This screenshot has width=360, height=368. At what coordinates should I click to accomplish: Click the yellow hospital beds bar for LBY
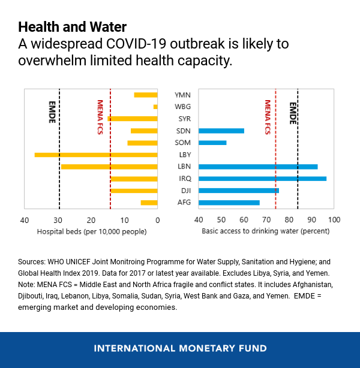pyautogui.click(x=96, y=155)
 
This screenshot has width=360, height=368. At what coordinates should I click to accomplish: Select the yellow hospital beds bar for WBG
pyautogui.click(x=155, y=107)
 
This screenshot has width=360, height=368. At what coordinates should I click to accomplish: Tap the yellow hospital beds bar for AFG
pyautogui.click(x=149, y=203)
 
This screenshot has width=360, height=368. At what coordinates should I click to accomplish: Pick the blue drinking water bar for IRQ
pyautogui.click(x=262, y=179)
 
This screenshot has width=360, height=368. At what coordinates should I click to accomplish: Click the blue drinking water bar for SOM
pyautogui.click(x=212, y=143)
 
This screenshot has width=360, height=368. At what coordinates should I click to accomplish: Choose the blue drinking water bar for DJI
pyautogui.click(x=239, y=191)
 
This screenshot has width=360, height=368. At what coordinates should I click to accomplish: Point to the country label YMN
pyautogui.click(x=182, y=95)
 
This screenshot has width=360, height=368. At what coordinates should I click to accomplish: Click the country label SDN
pyautogui.click(x=184, y=131)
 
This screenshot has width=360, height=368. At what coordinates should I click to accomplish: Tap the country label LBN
pyautogui.click(x=184, y=167)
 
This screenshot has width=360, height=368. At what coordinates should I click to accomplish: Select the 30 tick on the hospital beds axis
pyautogui.click(x=58, y=220)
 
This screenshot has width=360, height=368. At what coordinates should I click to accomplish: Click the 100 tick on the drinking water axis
pyautogui.click(x=334, y=220)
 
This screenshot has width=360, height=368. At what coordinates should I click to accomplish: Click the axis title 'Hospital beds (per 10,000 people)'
pyautogui.click(x=92, y=231)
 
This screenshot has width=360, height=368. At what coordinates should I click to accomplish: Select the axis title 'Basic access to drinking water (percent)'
pyautogui.click(x=265, y=231)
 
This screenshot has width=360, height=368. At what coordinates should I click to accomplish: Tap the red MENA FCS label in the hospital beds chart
pyautogui.click(x=101, y=117)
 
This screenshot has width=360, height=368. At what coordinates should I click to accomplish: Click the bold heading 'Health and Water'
pyautogui.click(x=72, y=27)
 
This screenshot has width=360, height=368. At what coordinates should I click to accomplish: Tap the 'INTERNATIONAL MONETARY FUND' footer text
pyautogui.click(x=180, y=348)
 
